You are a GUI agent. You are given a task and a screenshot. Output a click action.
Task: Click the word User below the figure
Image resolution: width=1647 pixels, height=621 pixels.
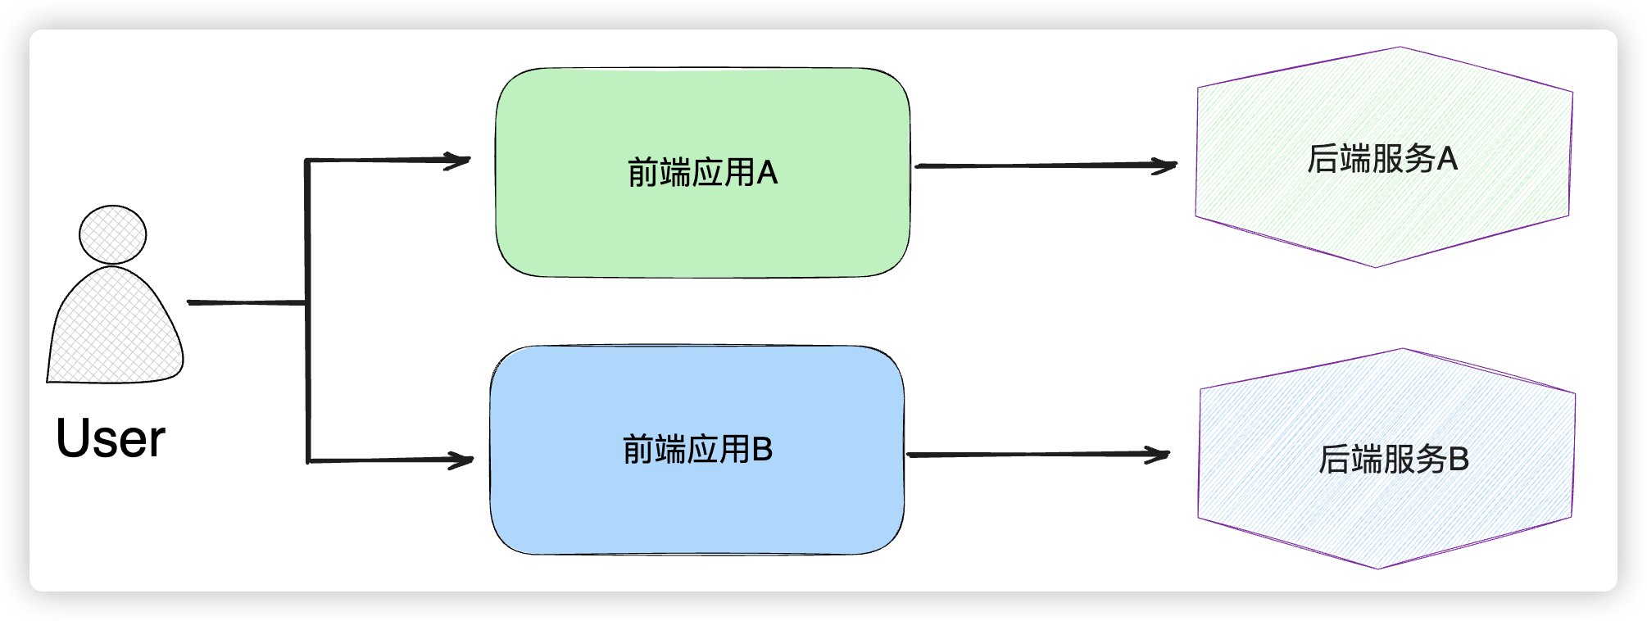(111, 439)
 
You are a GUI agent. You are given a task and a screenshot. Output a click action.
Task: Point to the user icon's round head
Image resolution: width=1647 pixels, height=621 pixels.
(113, 234)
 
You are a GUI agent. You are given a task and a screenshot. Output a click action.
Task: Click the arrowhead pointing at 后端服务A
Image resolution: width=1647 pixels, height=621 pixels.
(1167, 165)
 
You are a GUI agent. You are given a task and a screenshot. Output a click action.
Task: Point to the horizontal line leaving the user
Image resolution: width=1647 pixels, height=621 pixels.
(246, 302)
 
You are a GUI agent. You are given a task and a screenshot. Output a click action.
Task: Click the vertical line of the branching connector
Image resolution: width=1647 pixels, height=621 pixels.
(307, 369)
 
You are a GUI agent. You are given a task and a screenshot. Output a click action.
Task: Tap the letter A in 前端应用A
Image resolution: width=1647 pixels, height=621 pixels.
(767, 173)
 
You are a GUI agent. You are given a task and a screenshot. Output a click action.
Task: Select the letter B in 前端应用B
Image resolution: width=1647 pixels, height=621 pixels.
(762, 450)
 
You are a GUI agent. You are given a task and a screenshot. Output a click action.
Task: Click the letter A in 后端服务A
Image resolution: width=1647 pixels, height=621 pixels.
(1447, 159)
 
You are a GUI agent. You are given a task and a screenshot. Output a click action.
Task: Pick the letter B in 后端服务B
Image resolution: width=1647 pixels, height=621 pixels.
(1459, 460)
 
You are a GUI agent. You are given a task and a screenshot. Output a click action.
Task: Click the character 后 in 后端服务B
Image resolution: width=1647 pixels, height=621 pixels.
(1334, 460)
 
